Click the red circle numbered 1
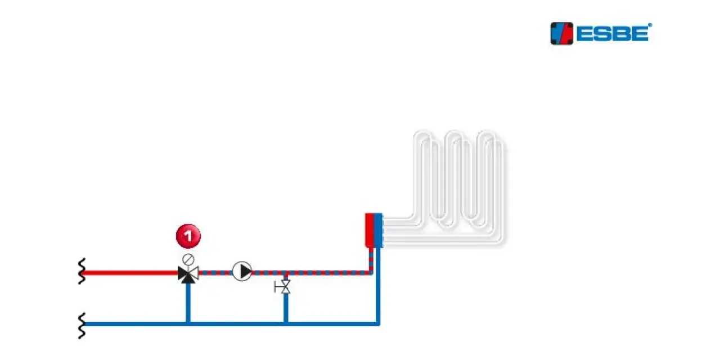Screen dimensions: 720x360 pyautogui.click(x=188, y=236)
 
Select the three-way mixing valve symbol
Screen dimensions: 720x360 pyautogui.click(x=188, y=274)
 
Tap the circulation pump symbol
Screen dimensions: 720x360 pyautogui.click(x=242, y=271)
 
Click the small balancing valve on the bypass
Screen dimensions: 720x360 pyautogui.click(x=283, y=287)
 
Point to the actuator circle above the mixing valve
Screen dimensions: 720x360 pyautogui.click(x=188, y=259)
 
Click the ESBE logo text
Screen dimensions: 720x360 pyautogui.click(x=613, y=34)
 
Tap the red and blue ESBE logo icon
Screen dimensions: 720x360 pyautogui.click(x=561, y=33)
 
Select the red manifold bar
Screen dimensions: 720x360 pyautogui.click(x=370, y=230)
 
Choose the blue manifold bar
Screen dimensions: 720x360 pyautogui.click(x=379, y=230)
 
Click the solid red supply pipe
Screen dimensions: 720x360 pyautogui.click(x=130, y=273)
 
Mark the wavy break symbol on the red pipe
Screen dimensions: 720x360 pyautogui.click(x=82, y=271)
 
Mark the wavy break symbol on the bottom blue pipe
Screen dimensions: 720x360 pyautogui.click(x=82, y=325)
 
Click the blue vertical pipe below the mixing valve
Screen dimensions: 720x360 pyautogui.click(x=188, y=303)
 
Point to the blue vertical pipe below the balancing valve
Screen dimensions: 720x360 pyautogui.click(x=286, y=308)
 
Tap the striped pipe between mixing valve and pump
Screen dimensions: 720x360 pyautogui.click(x=215, y=273)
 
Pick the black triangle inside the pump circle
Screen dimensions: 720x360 pyautogui.click(x=246, y=271)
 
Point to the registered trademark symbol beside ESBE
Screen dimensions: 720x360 pyautogui.click(x=650, y=25)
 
